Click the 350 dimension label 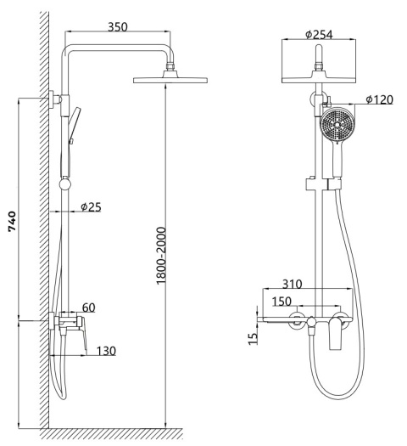pos(118,27)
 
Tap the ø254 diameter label pos(319,35)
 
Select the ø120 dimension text pos(380,99)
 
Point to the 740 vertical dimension pos(12,221)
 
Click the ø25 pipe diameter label pos(91,207)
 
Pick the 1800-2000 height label pos(161,256)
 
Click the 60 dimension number pos(88,308)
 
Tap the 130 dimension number pos(107,351)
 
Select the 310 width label pos(293,284)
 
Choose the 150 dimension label pos(282,302)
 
